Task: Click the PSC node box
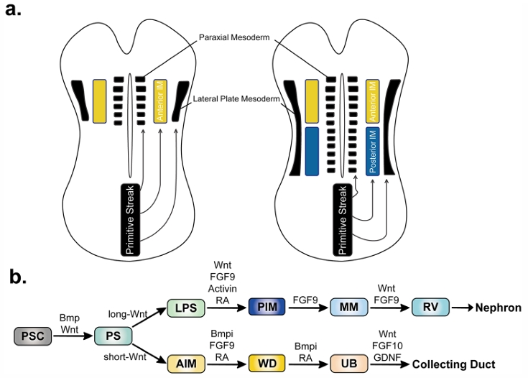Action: (32, 336)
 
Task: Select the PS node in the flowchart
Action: (114, 336)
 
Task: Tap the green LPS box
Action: (186, 308)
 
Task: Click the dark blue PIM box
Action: (267, 307)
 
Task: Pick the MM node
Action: (349, 307)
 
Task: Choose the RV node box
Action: (431, 307)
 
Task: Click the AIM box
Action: (186, 364)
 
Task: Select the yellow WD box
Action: (267, 364)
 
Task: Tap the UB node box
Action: (349, 364)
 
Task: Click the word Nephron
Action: (499, 308)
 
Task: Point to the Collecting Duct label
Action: (453, 364)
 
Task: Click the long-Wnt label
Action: (128, 314)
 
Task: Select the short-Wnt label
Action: (125, 356)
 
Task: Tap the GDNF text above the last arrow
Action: (388, 356)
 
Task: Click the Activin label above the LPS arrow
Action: (222, 289)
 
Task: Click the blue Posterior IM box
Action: (373, 151)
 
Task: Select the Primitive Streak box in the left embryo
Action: (130, 220)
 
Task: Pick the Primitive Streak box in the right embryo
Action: (343, 220)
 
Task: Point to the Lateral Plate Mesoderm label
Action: (236, 99)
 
